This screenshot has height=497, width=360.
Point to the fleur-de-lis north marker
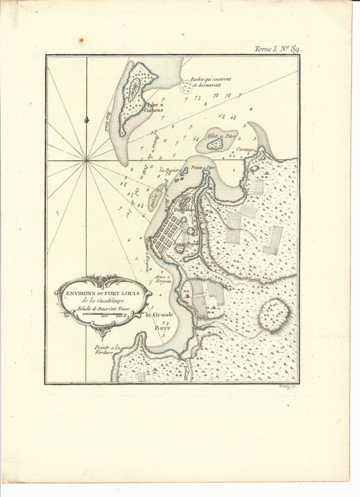coord(86,120)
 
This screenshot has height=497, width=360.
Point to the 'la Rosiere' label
coord(170,170)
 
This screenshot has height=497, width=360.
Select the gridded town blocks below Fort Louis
coord(167,233)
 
